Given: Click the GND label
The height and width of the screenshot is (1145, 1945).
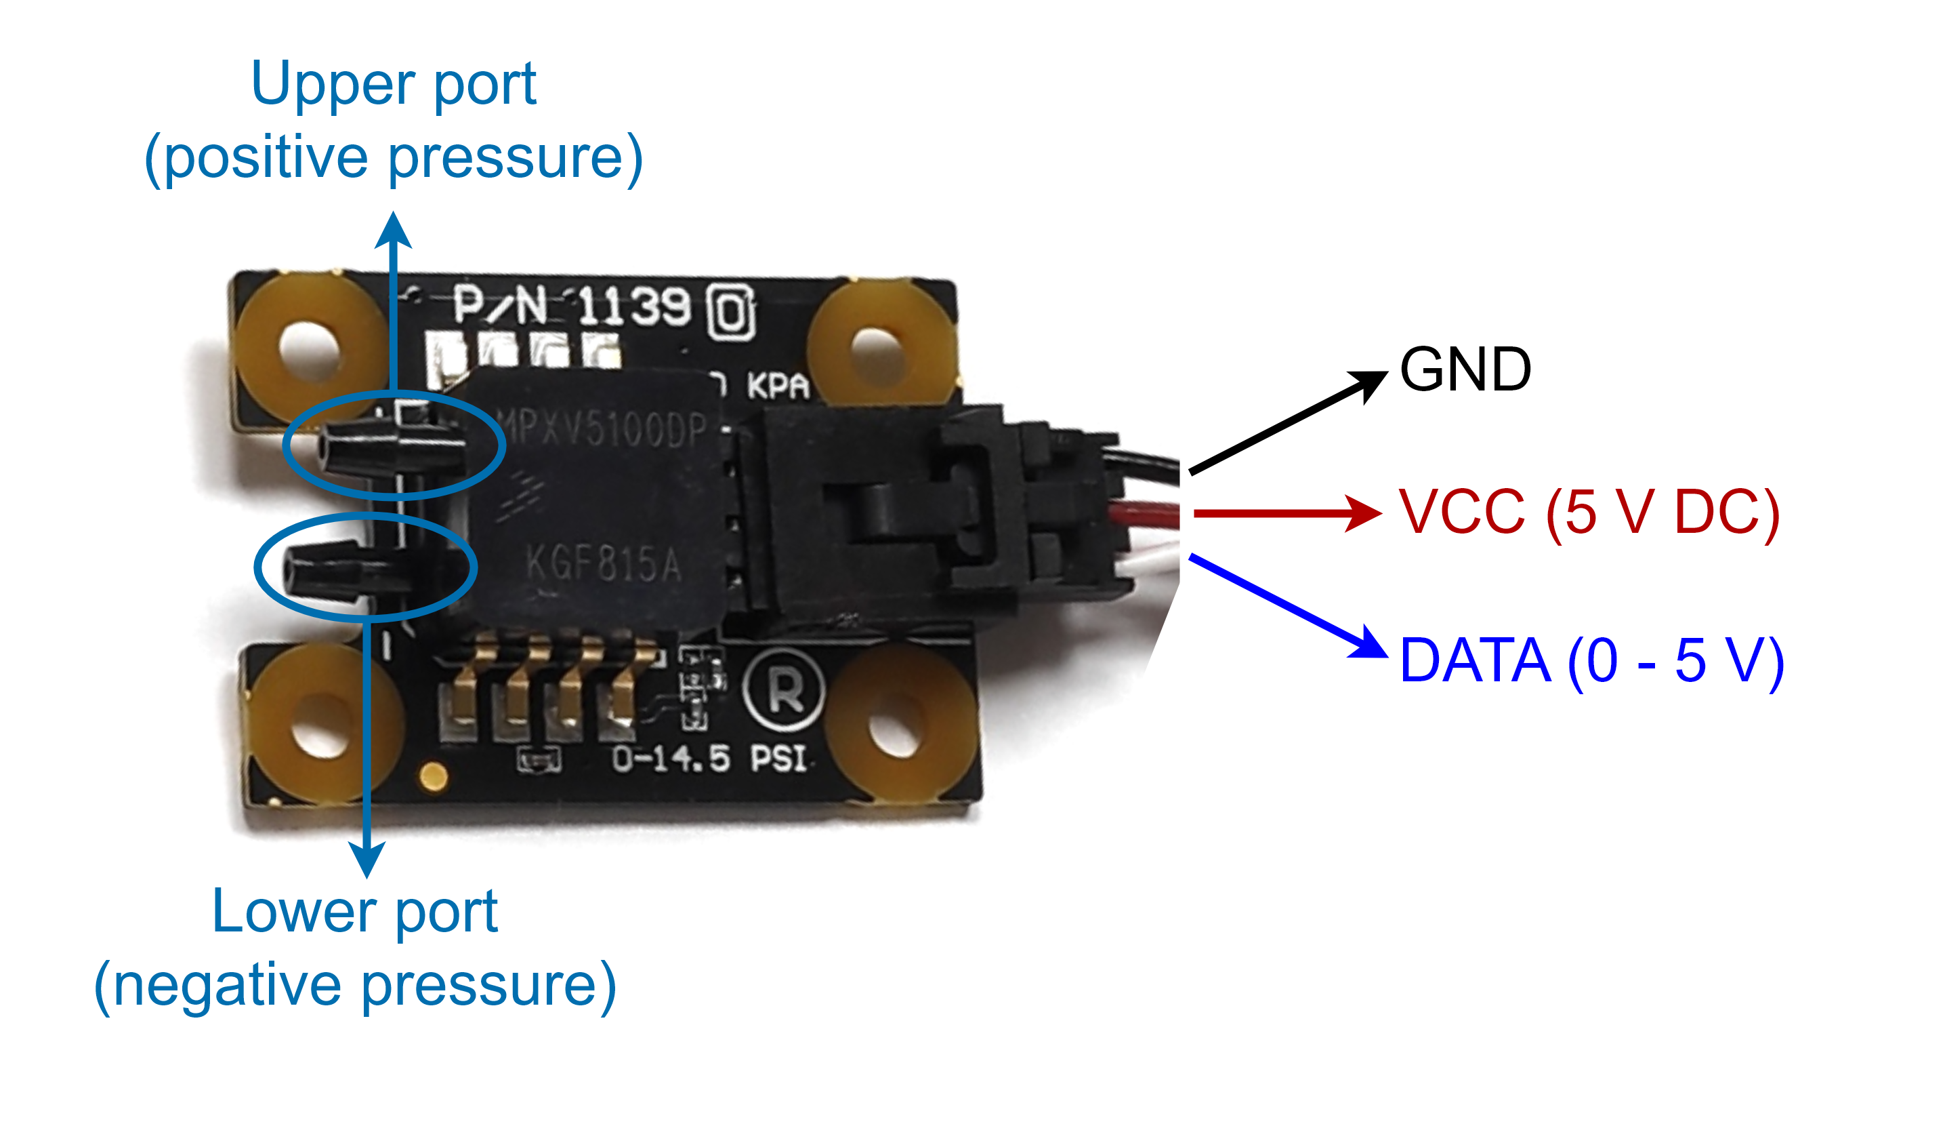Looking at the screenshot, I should coord(1465,370).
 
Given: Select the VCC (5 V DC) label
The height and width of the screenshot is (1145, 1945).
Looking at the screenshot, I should coord(1589,513).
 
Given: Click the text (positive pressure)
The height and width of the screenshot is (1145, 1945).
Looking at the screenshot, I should coord(394,158).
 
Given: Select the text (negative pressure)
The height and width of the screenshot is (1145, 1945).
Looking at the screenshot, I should coord(355,986).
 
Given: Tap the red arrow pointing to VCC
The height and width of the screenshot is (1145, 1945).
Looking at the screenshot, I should coord(1286,513).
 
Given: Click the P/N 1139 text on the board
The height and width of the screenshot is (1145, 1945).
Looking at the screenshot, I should coord(571,306).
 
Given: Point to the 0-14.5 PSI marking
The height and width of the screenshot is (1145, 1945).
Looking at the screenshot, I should coord(710,759).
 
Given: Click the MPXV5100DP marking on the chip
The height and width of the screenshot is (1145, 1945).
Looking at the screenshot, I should coord(602,428).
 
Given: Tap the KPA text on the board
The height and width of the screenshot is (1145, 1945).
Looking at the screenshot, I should coord(778,386).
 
